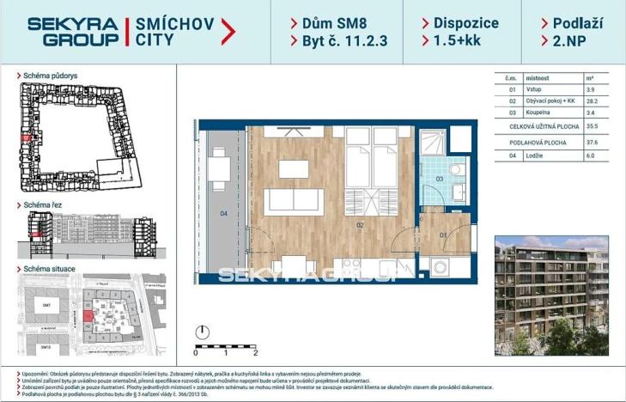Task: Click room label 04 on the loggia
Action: [222, 212]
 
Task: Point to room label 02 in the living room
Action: [362, 225]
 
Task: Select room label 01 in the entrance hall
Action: [444, 232]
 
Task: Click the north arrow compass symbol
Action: [203, 332]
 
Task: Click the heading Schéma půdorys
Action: [50, 76]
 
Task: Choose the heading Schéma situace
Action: [49, 269]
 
